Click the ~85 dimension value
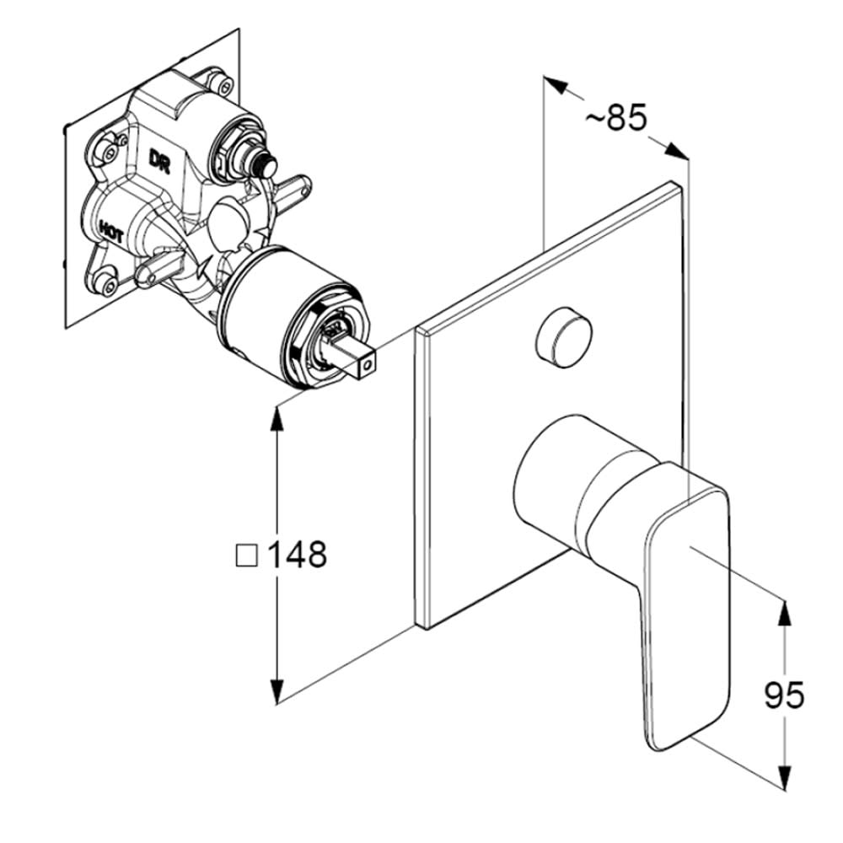coord(616,118)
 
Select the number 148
coord(297,554)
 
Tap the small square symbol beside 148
coord(247,555)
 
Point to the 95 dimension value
coord(784,695)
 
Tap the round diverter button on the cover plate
coord(563,337)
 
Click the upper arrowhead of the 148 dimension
coord(277,418)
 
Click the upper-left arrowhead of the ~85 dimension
coord(556,85)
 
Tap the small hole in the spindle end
coord(368,366)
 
